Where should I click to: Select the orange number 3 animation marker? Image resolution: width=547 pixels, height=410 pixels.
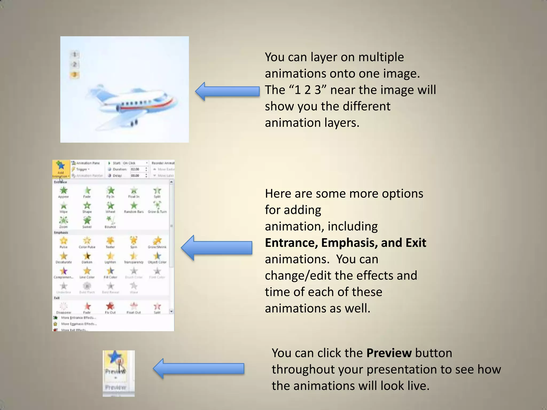pos(74,75)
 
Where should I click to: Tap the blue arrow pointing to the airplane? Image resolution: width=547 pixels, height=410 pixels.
pos(227,91)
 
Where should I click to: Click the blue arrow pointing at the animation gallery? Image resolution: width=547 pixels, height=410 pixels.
pos(216,248)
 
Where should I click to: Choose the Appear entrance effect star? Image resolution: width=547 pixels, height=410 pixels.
pos(64,191)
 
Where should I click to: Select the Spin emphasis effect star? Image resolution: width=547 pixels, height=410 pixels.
pos(134,241)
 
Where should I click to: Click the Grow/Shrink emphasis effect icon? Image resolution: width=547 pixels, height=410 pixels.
pos(157,241)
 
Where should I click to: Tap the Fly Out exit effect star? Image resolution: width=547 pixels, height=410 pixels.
pos(110,306)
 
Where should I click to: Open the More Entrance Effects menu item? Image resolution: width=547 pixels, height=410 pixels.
pos(79,318)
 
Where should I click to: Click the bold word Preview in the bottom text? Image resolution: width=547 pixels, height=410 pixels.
pos(389,353)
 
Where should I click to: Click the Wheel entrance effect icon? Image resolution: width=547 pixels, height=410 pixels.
pos(110,206)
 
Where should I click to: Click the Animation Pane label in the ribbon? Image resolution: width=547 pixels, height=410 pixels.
pos(88,163)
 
